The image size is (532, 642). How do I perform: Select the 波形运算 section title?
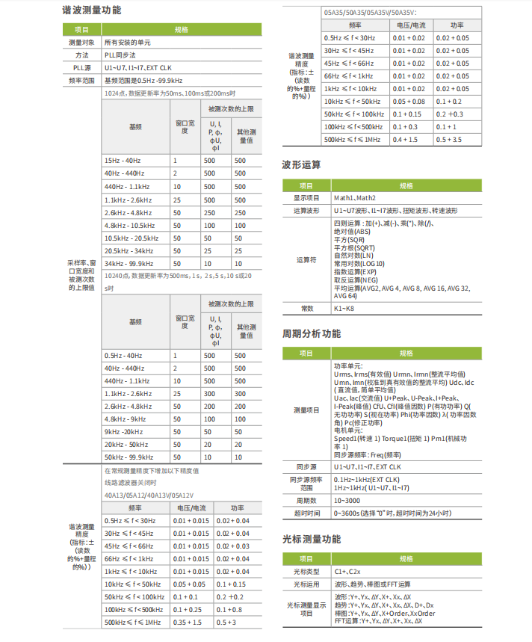pyautogui.click(x=302, y=164)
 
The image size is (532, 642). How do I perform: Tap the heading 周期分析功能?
pyautogui.click(x=312, y=333)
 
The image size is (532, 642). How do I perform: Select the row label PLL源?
pyautogui.click(x=81, y=67)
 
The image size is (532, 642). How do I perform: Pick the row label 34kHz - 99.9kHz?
pyautogui.click(x=129, y=263)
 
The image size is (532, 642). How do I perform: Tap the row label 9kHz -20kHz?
pyautogui.click(x=124, y=431)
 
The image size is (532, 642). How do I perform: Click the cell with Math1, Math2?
pyautogui.click(x=355, y=198)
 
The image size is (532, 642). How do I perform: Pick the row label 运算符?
pyautogui.click(x=307, y=259)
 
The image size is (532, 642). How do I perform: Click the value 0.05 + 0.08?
pyautogui.click(x=409, y=101)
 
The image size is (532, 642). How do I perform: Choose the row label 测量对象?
pyautogui.click(x=81, y=43)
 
